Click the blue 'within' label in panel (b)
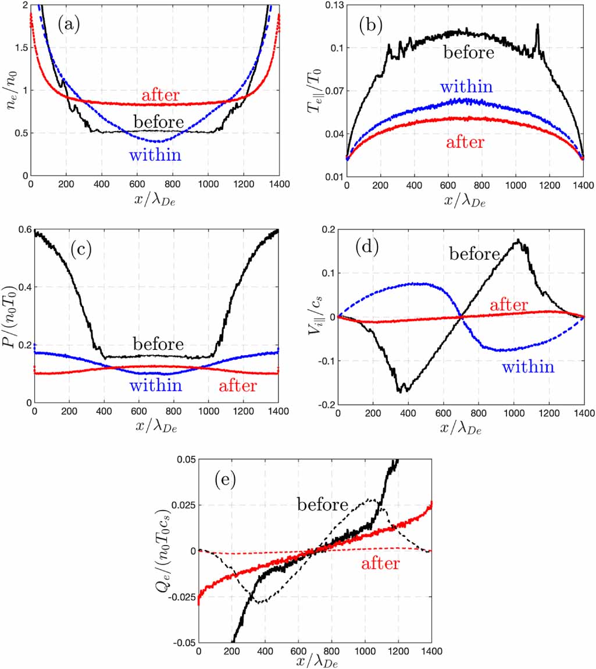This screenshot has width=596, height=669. coord(466,87)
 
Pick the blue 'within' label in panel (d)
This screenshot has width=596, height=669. coord(528,367)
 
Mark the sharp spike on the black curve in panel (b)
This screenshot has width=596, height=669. coord(538,24)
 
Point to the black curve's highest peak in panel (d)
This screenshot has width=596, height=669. coord(518,240)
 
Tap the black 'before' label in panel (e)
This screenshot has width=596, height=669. coord(323,504)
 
